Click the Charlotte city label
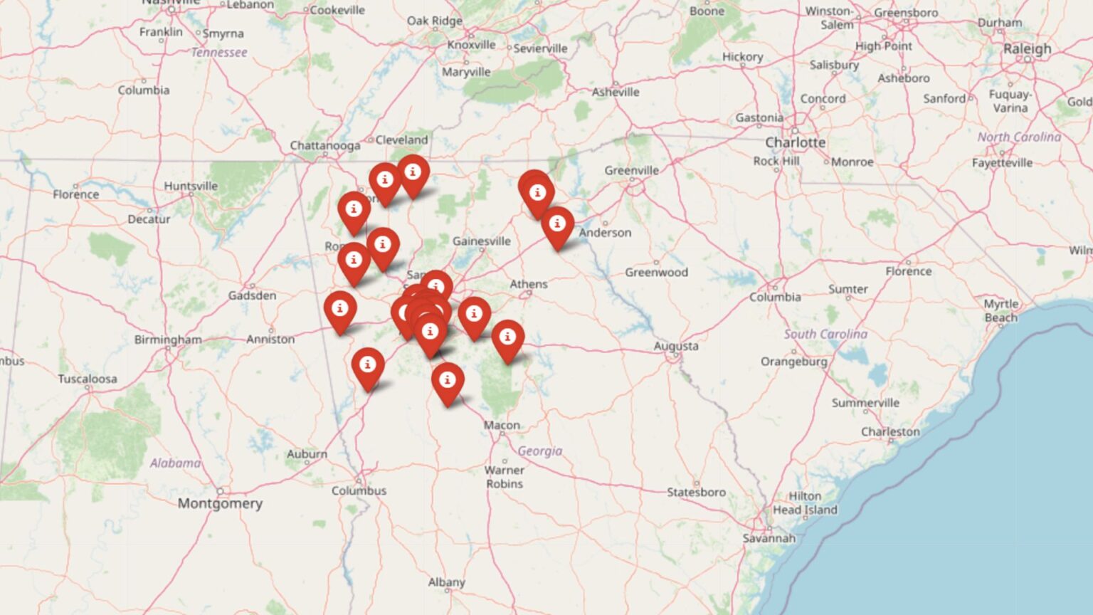pyautogui.click(x=795, y=142)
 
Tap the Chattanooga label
pyautogui.click(x=324, y=145)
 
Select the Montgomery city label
pyautogui.click(x=220, y=503)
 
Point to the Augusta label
pyautogui.click(x=676, y=346)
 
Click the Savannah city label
pyautogui.click(x=769, y=538)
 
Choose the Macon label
pyautogui.click(x=502, y=425)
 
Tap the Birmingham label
pyautogui.click(x=168, y=340)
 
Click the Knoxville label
pyautogui.click(x=471, y=45)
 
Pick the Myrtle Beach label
pyautogui.click(x=1000, y=310)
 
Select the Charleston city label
pyautogui.click(x=890, y=431)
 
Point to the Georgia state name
pyautogui.click(x=540, y=451)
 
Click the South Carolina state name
pyautogui.click(x=825, y=334)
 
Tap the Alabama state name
pyautogui.click(x=175, y=463)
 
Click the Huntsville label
pyautogui.click(x=191, y=186)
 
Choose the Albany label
pyautogui.click(x=446, y=582)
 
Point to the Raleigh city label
pyautogui.click(x=1027, y=49)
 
